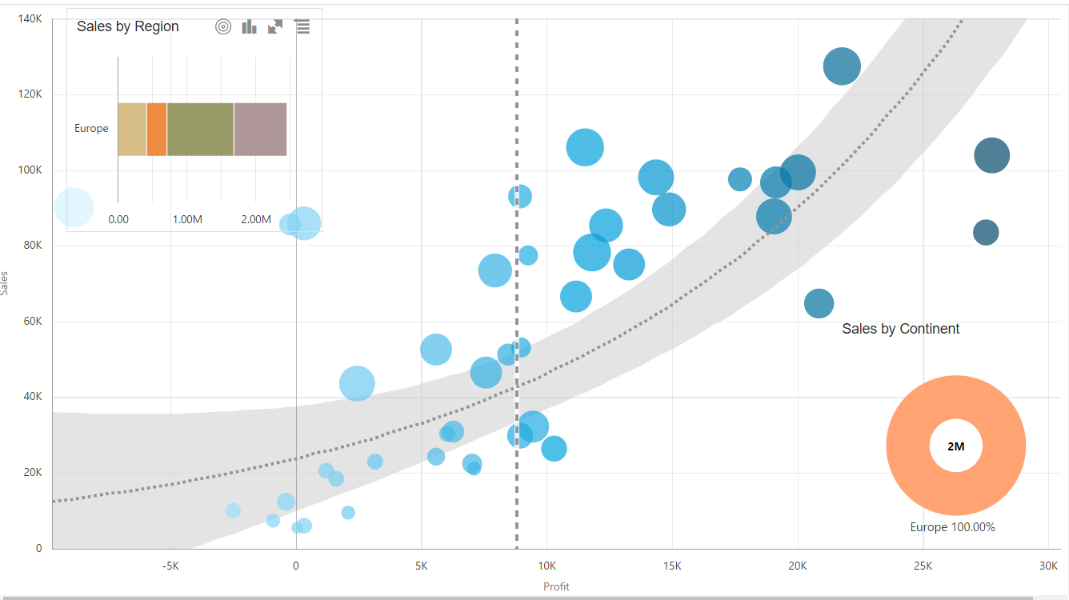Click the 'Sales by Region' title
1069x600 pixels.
pos(128,26)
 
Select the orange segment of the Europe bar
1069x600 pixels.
pos(157,129)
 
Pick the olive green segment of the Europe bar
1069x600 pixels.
pos(200,129)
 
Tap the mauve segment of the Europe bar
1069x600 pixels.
pos(260,129)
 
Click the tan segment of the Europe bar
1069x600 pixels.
pos(132,129)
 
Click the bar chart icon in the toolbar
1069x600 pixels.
pos(250,26)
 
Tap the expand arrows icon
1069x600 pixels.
pos(275,26)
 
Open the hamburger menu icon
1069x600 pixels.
pos(302,26)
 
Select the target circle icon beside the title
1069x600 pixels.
pos(223,26)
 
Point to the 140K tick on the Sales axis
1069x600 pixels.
pos(30,18)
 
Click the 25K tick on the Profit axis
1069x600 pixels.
pos(923,566)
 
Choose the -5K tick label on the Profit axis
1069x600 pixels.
pos(170,566)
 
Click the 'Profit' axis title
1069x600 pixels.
pos(556,586)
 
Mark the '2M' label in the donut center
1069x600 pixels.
pos(956,446)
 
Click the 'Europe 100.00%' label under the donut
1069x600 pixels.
pos(952,527)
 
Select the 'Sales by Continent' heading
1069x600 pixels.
pos(900,329)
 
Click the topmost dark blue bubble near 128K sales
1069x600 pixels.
pos(842,66)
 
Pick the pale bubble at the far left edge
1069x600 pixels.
pos(74,208)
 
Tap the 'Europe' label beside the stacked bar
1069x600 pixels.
pos(91,128)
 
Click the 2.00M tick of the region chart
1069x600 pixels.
pos(256,219)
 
